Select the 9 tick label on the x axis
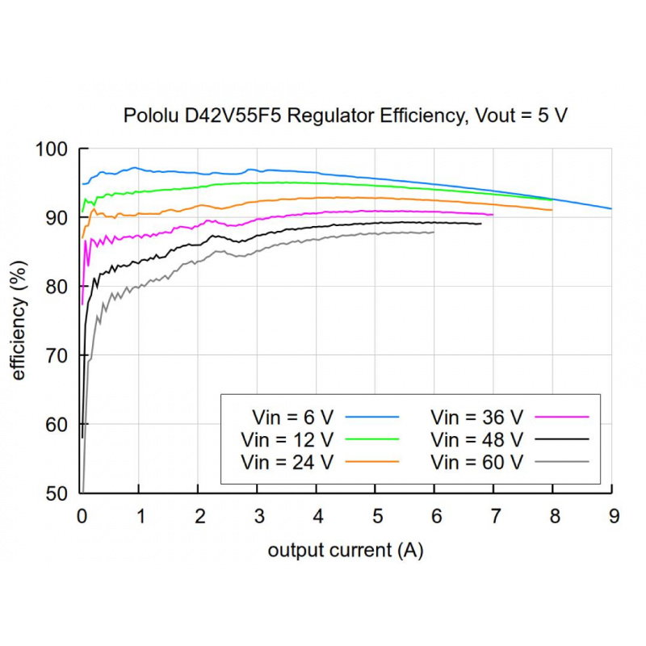pos(612,515)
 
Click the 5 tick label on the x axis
pos(375,515)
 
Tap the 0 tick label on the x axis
pos(82,515)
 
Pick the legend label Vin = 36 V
pos(477,417)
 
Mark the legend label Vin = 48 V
pos(477,439)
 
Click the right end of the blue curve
pos(611,208)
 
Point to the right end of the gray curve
pos(434,232)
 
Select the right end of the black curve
pos(480,224)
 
